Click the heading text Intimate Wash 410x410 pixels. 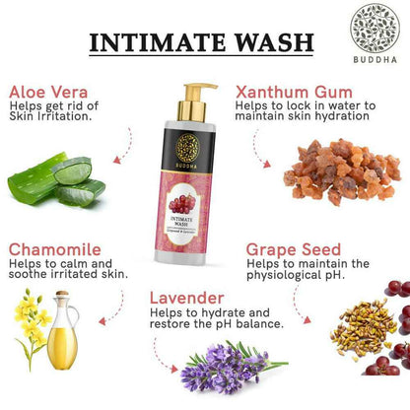(201, 42)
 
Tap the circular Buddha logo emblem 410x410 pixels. (375, 28)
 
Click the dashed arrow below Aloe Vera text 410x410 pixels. (122, 148)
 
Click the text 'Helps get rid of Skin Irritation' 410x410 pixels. (59, 110)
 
